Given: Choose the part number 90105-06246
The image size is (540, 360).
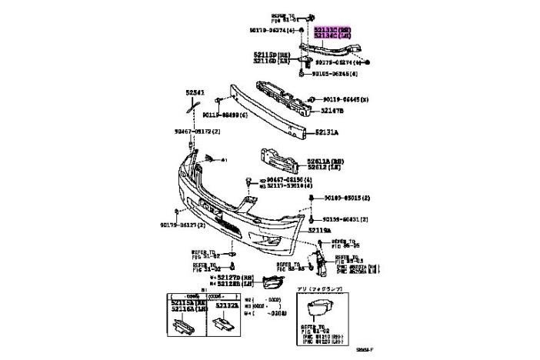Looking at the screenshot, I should point(335,75).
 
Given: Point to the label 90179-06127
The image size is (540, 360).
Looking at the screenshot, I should point(183,225).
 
